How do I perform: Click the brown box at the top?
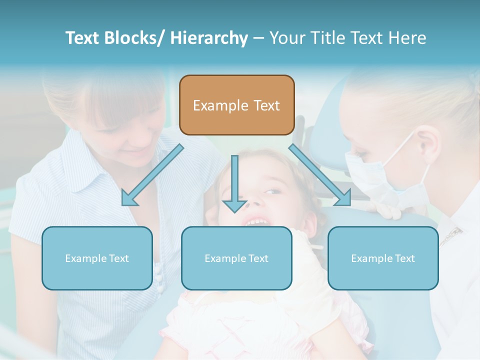click(x=236, y=105)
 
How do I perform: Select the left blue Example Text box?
click(x=97, y=258)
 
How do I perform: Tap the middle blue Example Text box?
click(x=236, y=258)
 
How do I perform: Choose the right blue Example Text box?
click(x=383, y=258)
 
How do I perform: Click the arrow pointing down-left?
click(x=151, y=175)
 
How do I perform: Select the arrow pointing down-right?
click(x=320, y=175)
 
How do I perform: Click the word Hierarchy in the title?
click(x=209, y=38)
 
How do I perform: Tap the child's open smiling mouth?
click(x=257, y=220)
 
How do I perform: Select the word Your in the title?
click(x=287, y=38)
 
